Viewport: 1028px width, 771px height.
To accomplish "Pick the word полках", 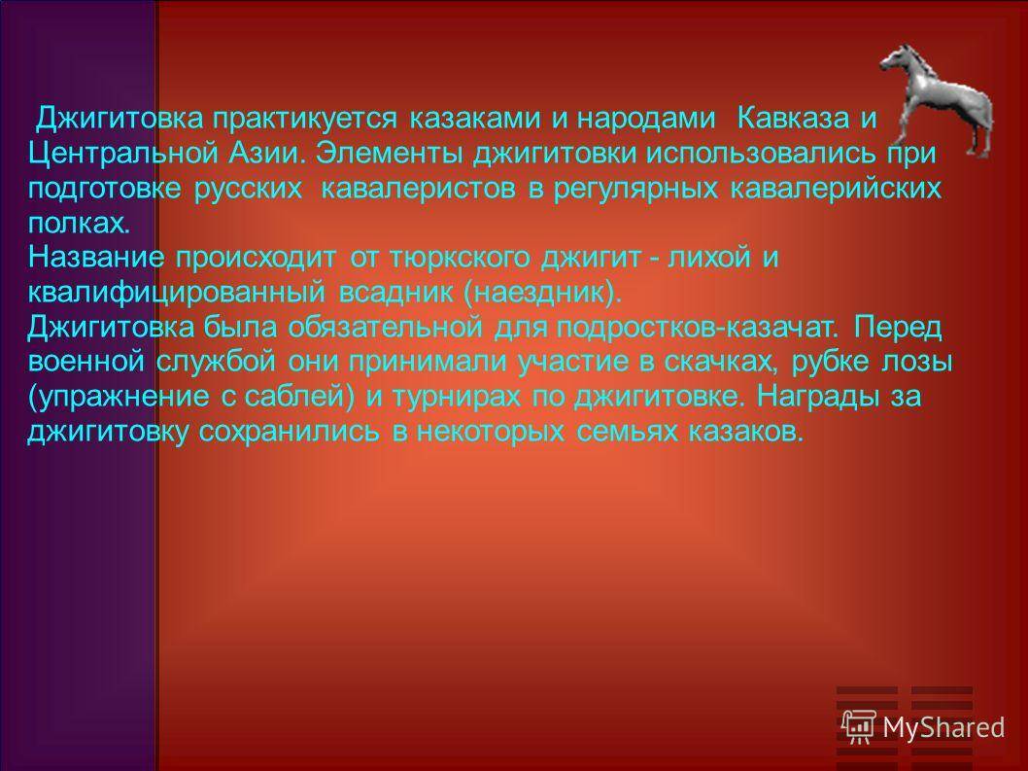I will pyautogui.click(x=78, y=224).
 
